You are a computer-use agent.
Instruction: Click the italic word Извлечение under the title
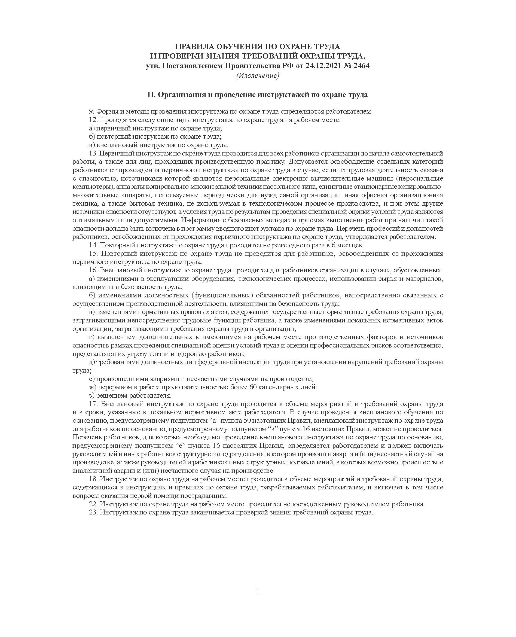coord(258,76)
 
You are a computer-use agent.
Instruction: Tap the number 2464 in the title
coord(361,66)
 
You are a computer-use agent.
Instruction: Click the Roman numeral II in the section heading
coord(151,95)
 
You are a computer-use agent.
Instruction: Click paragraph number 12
coord(93,120)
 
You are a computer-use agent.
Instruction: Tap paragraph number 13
coord(93,153)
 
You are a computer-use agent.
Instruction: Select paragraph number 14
coord(93,245)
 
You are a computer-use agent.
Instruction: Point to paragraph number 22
coord(93,504)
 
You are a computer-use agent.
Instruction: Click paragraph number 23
coord(93,513)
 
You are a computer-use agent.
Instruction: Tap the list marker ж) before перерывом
coord(92,387)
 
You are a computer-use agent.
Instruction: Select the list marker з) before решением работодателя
coord(92,396)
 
